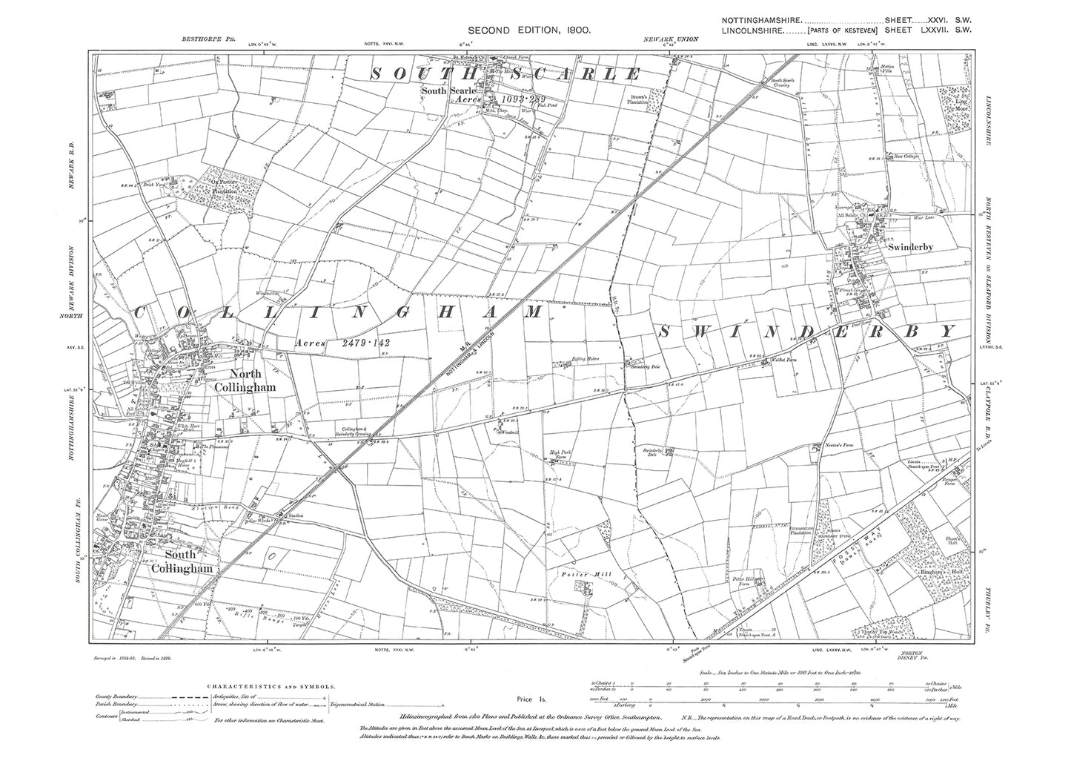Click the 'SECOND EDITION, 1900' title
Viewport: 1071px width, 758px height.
click(x=528, y=30)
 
